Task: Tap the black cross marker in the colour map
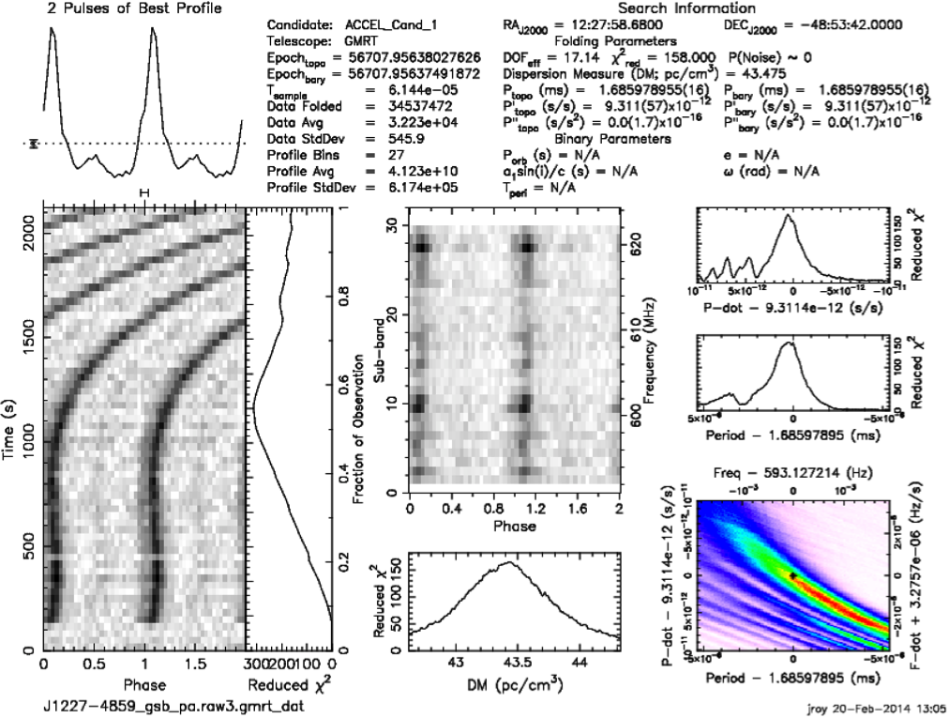tap(792, 574)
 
